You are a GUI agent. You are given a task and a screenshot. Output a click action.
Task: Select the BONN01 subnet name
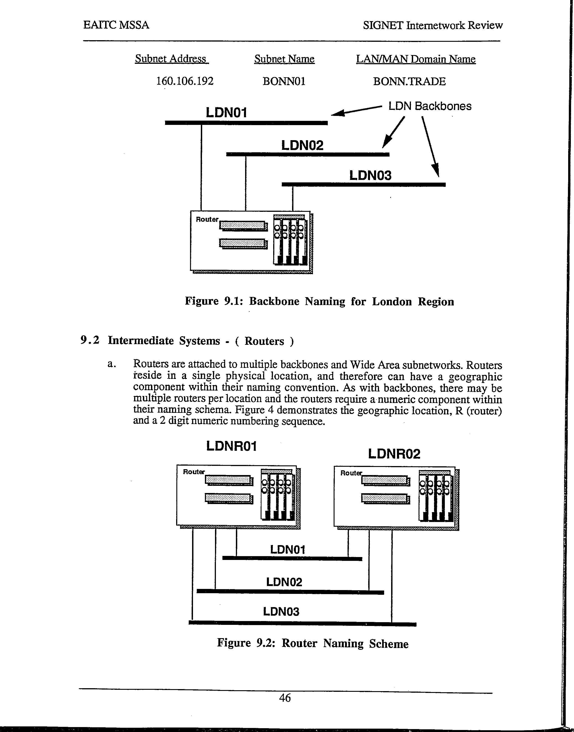(x=284, y=81)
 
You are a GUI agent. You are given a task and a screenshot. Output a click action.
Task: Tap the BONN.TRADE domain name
(x=409, y=81)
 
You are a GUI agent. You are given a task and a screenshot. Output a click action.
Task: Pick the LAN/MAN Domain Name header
(x=416, y=59)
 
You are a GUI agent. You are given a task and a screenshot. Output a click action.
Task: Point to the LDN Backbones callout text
(x=430, y=106)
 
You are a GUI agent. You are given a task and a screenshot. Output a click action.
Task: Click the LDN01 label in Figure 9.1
(x=226, y=113)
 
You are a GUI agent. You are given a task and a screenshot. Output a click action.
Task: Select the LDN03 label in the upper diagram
(x=370, y=175)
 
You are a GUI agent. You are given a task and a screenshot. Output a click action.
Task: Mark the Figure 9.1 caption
(x=319, y=301)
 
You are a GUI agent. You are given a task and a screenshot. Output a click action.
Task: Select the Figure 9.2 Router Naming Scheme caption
(x=312, y=643)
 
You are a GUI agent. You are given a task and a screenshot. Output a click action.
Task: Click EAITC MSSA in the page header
(x=116, y=25)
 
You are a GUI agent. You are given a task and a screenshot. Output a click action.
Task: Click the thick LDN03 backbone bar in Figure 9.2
(x=302, y=624)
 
